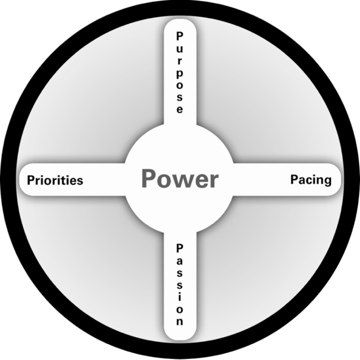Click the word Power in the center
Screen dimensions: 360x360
point(179,179)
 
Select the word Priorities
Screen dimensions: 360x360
point(55,181)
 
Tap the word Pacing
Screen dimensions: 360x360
point(311,180)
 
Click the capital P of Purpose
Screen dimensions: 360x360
point(179,36)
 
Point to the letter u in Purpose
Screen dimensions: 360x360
point(179,48)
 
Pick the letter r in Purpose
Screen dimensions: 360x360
point(179,60)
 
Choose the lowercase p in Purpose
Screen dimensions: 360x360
point(179,74)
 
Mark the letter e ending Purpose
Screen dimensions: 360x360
point(179,110)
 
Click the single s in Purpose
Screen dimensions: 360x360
point(179,97)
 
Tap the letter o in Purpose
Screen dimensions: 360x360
point(179,85)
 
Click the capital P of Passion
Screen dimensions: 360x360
point(179,248)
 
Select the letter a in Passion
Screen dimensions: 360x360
point(179,260)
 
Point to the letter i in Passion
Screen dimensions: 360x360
point(179,297)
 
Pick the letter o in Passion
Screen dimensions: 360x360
point(179,309)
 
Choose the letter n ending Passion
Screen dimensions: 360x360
point(179,321)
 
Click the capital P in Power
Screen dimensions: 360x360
point(148,179)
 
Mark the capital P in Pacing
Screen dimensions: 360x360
point(294,179)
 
